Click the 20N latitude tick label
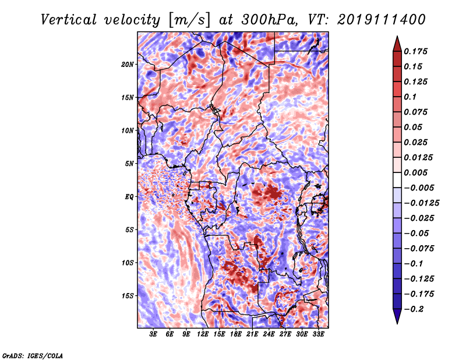(x=128, y=65)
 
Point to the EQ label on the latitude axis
(x=129, y=197)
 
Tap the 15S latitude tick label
(x=128, y=296)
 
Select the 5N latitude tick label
(x=129, y=164)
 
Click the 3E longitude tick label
(x=153, y=334)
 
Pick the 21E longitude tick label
(x=252, y=334)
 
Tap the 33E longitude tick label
(x=318, y=334)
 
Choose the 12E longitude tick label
(x=203, y=334)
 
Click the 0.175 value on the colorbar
(x=415, y=51)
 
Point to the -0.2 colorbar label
(x=414, y=309)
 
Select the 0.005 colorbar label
(x=415, y=172)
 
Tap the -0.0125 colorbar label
(x=421, y=203)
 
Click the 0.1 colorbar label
(x=410, y=97)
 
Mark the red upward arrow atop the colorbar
(x=397, y=44)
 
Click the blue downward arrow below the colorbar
(x=397, y=316)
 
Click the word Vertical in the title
(x=69, y=20)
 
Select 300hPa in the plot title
(x=269, y=20)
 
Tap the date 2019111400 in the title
(x=382, y=20)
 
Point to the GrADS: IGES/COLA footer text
(x=33, y=356)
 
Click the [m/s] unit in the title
(x=189, y=20)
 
